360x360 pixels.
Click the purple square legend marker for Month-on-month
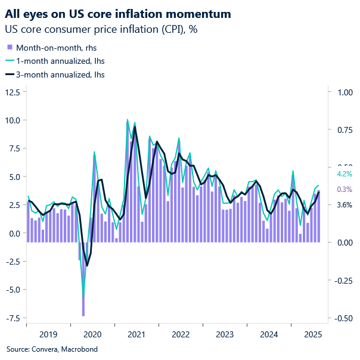click(x=10, y=47)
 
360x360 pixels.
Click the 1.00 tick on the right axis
click(x=345, y=92)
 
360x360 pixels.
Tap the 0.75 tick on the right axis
click(x=345, y=129)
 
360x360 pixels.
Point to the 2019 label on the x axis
click(x=48, y=335)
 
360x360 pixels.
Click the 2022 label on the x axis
click(x=181, y=335)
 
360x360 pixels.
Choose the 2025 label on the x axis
click(x=313, y=335)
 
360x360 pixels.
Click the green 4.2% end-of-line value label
click(x=345, y=174)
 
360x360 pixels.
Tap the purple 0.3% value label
click(x=345, y=190)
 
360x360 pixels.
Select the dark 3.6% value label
click(x=345, y=205)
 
